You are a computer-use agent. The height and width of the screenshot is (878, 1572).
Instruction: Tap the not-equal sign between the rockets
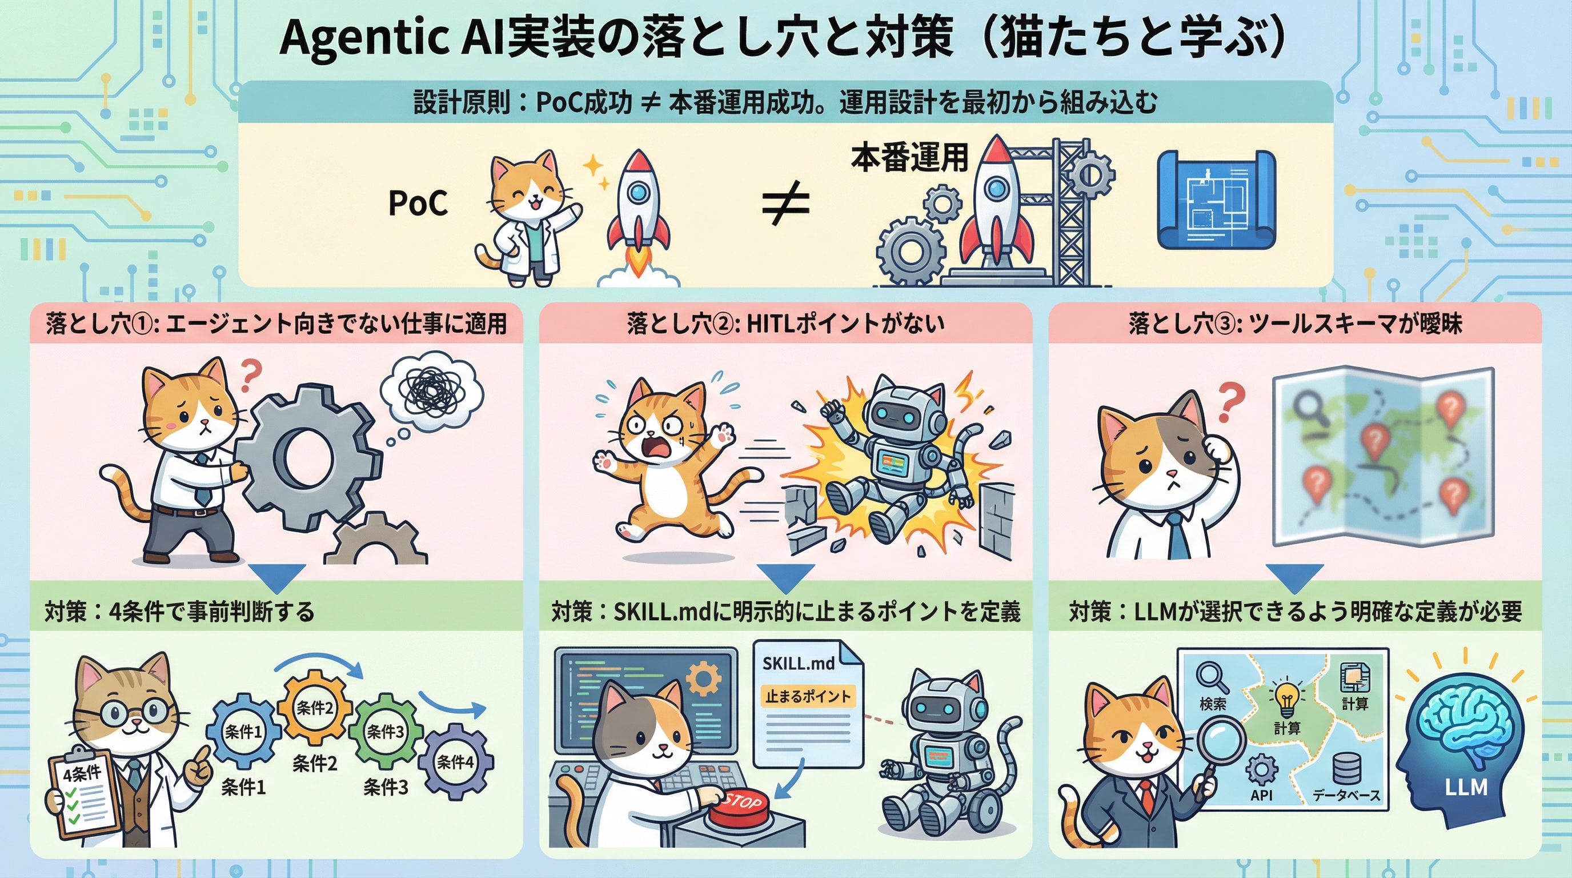coord(785,203)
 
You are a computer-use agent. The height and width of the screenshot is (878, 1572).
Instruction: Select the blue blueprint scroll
coord(1216,199)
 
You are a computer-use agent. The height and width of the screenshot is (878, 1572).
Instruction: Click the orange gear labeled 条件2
coord(315,708)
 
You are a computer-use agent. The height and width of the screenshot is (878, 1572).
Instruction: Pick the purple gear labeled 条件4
coord(455,761)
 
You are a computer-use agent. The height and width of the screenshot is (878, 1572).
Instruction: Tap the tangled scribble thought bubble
coord(431,388)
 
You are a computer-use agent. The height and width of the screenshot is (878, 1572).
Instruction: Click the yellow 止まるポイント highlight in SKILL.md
coord(808,696)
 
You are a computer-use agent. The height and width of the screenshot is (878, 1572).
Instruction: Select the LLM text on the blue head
coord(1466,787)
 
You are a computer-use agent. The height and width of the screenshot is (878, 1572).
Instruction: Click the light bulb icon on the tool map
coord(1286,699)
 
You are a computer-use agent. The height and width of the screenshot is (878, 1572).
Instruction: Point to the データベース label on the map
coord(1346,795)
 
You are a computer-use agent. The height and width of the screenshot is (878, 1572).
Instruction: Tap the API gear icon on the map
coord(1261,770)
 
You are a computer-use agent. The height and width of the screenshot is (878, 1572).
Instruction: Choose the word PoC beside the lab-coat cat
coord(418,203)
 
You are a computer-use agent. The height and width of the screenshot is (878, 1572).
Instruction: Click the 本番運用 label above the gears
coord(909,158)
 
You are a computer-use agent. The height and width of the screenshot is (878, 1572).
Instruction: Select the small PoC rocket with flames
coord(637,207)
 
